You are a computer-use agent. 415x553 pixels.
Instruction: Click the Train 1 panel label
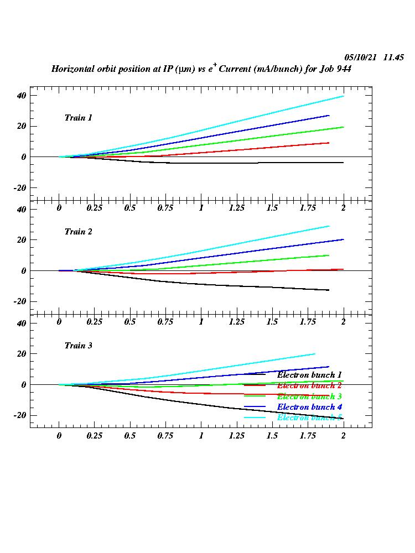tap(78, 118)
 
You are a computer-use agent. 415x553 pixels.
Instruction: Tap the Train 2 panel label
tap(78, 232)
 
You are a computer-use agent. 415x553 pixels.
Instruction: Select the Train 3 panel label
tap(78, 346)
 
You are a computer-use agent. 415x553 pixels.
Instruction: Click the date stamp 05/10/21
tap(361, 58)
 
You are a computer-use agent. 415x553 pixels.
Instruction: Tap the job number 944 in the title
tap(344, 70)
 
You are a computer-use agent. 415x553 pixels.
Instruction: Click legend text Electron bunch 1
tap(309, 375)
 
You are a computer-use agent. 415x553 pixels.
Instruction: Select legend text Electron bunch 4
tap(309, 407)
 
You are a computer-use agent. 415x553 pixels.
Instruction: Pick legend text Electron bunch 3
tap(309, 397)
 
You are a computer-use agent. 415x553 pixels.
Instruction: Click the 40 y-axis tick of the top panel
tap(22, 95)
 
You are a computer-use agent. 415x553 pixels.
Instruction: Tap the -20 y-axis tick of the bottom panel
tap(20, 415)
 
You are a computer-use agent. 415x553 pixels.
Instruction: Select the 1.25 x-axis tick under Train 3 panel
tap(236, 435)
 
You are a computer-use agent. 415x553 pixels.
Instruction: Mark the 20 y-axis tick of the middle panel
tap(22, 240)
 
